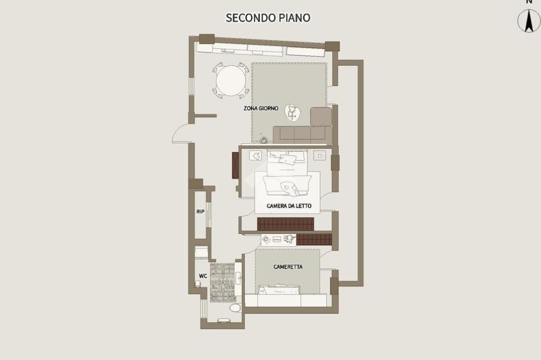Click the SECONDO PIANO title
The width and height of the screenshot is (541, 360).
click(268, 17)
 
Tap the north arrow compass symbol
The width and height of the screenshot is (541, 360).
click(529, 20)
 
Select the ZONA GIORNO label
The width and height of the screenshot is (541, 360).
click(261, 108)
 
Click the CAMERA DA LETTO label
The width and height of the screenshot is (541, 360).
click(289, 206)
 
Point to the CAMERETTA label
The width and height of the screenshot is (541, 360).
click(288, 267)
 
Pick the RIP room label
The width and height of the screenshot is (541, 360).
click(200, 212)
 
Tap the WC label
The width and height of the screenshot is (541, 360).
click(203, 276)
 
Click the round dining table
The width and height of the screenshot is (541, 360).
click(231, 80)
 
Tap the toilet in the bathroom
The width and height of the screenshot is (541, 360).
click(235, 307)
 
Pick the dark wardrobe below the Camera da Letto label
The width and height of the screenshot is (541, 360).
click(286, 224)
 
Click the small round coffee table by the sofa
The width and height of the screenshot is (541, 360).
click(293, 113)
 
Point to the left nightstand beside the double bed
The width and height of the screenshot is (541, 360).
click(255, 156)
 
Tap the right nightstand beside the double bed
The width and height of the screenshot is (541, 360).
click(320, 156)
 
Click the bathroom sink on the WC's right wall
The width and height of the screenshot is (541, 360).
click(238, 278)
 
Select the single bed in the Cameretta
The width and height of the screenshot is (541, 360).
click(279, 290)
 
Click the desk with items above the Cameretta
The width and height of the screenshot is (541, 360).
click(278, 239)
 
